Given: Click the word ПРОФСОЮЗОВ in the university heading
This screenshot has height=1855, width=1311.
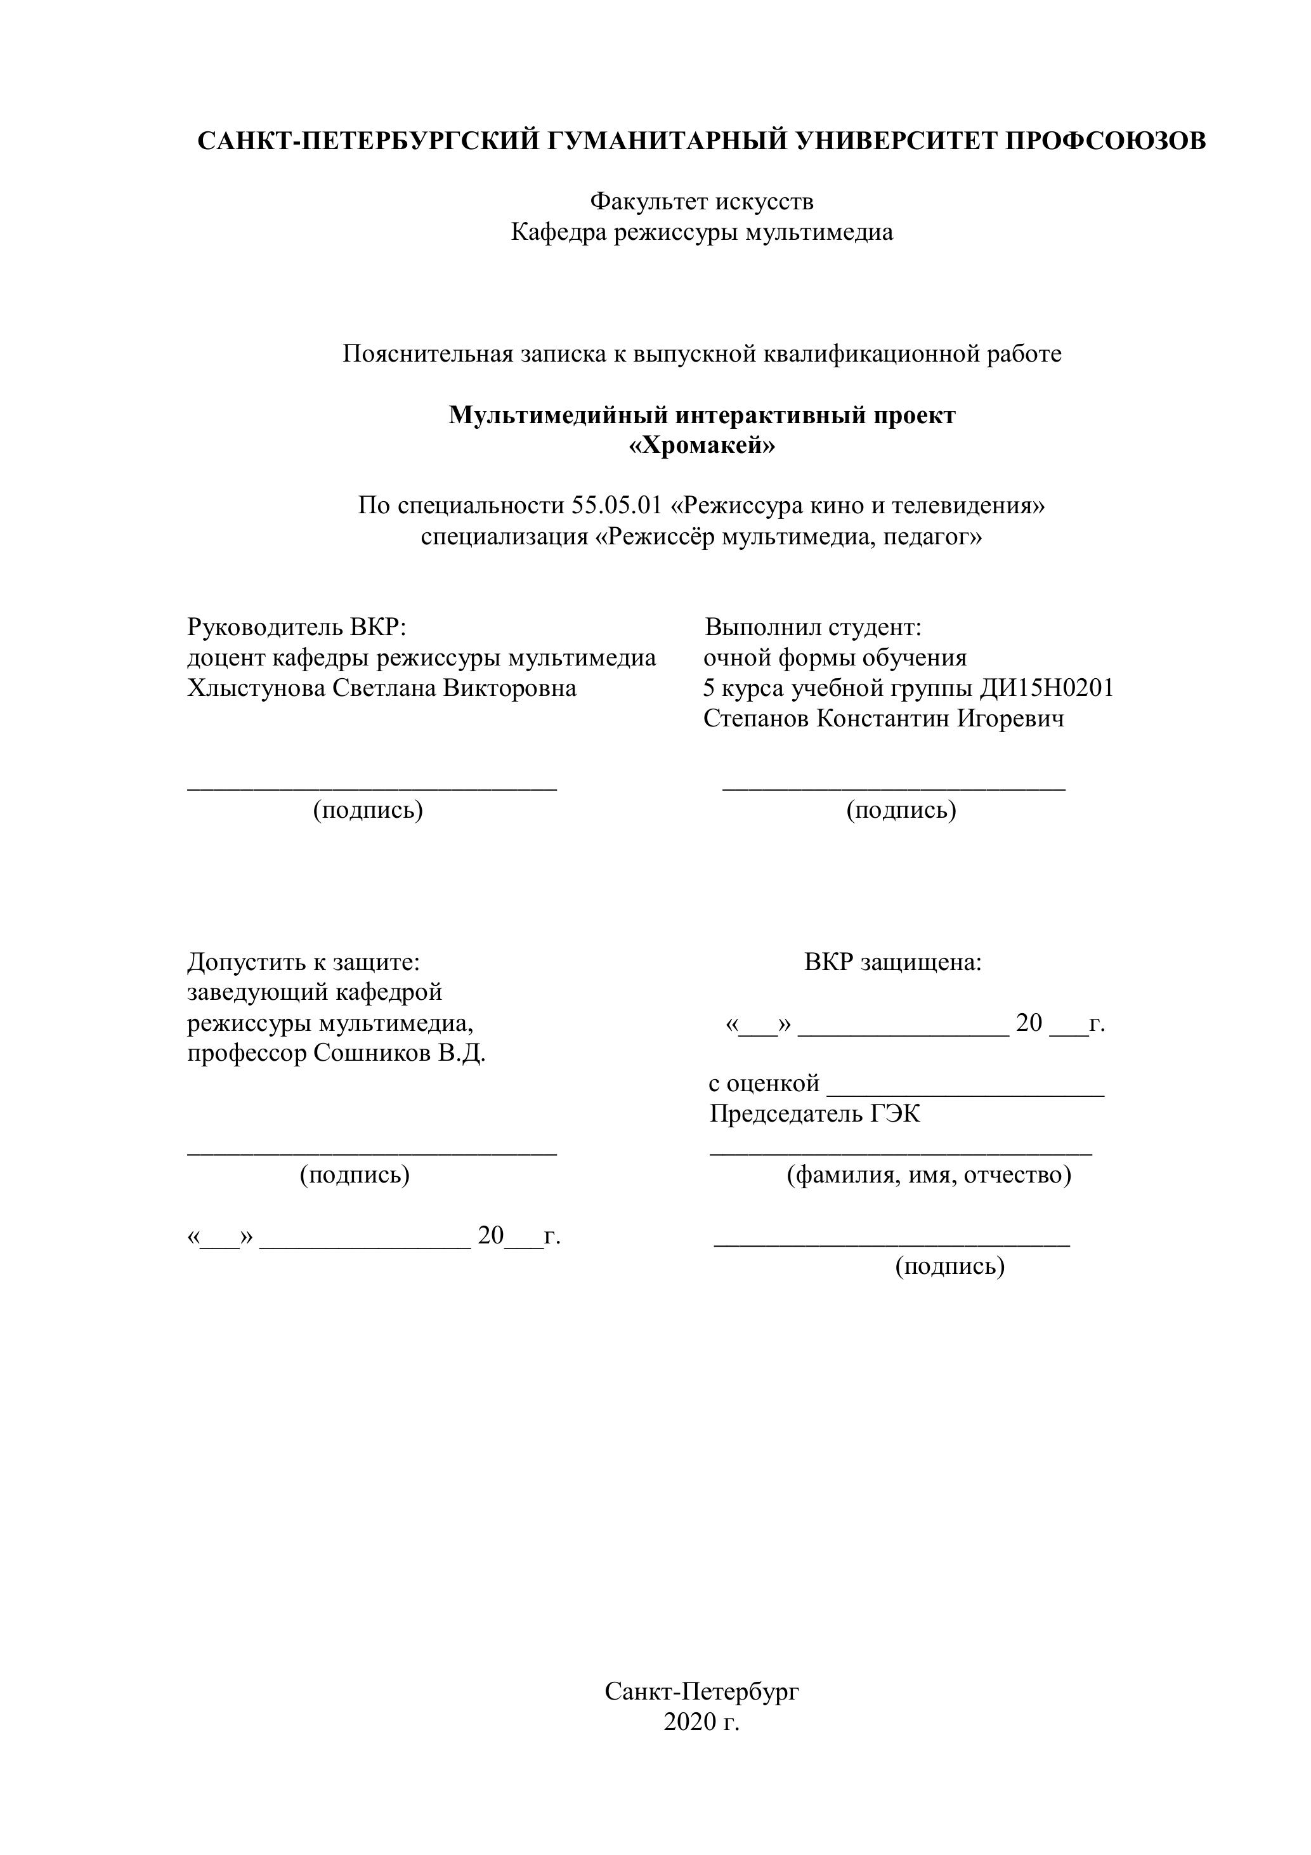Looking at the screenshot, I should click(1105, 141).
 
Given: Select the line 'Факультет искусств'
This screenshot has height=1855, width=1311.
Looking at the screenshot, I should click(701, 200).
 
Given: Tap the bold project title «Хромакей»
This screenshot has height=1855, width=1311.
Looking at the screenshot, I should click(701, 445).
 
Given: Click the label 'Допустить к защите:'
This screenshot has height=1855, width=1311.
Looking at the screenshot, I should click(304, 962).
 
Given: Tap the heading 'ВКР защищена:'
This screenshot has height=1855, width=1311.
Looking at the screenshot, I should click(892, 962).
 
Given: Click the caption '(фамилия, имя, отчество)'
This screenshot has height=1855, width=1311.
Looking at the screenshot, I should click(929, 1175).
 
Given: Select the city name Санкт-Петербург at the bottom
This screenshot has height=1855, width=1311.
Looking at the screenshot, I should click(701, 1691).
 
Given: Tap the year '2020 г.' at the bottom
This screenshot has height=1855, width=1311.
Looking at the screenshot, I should click(701, 1722).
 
